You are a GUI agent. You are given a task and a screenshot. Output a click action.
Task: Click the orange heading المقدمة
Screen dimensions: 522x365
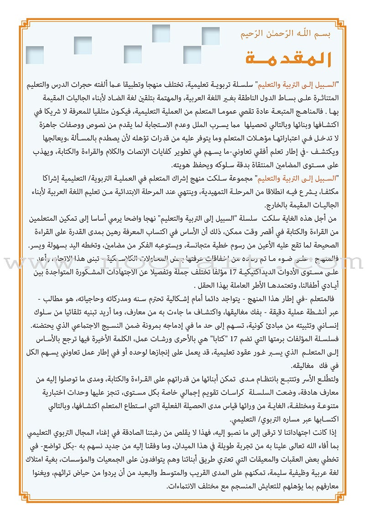point(287,59)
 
